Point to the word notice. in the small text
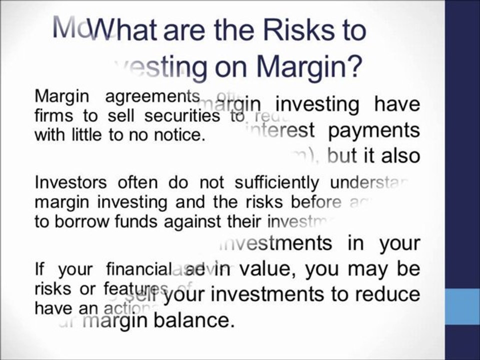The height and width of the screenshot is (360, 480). point(179,135)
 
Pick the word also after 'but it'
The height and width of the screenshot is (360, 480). point(399,156)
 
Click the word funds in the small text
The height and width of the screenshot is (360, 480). point(126,221)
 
